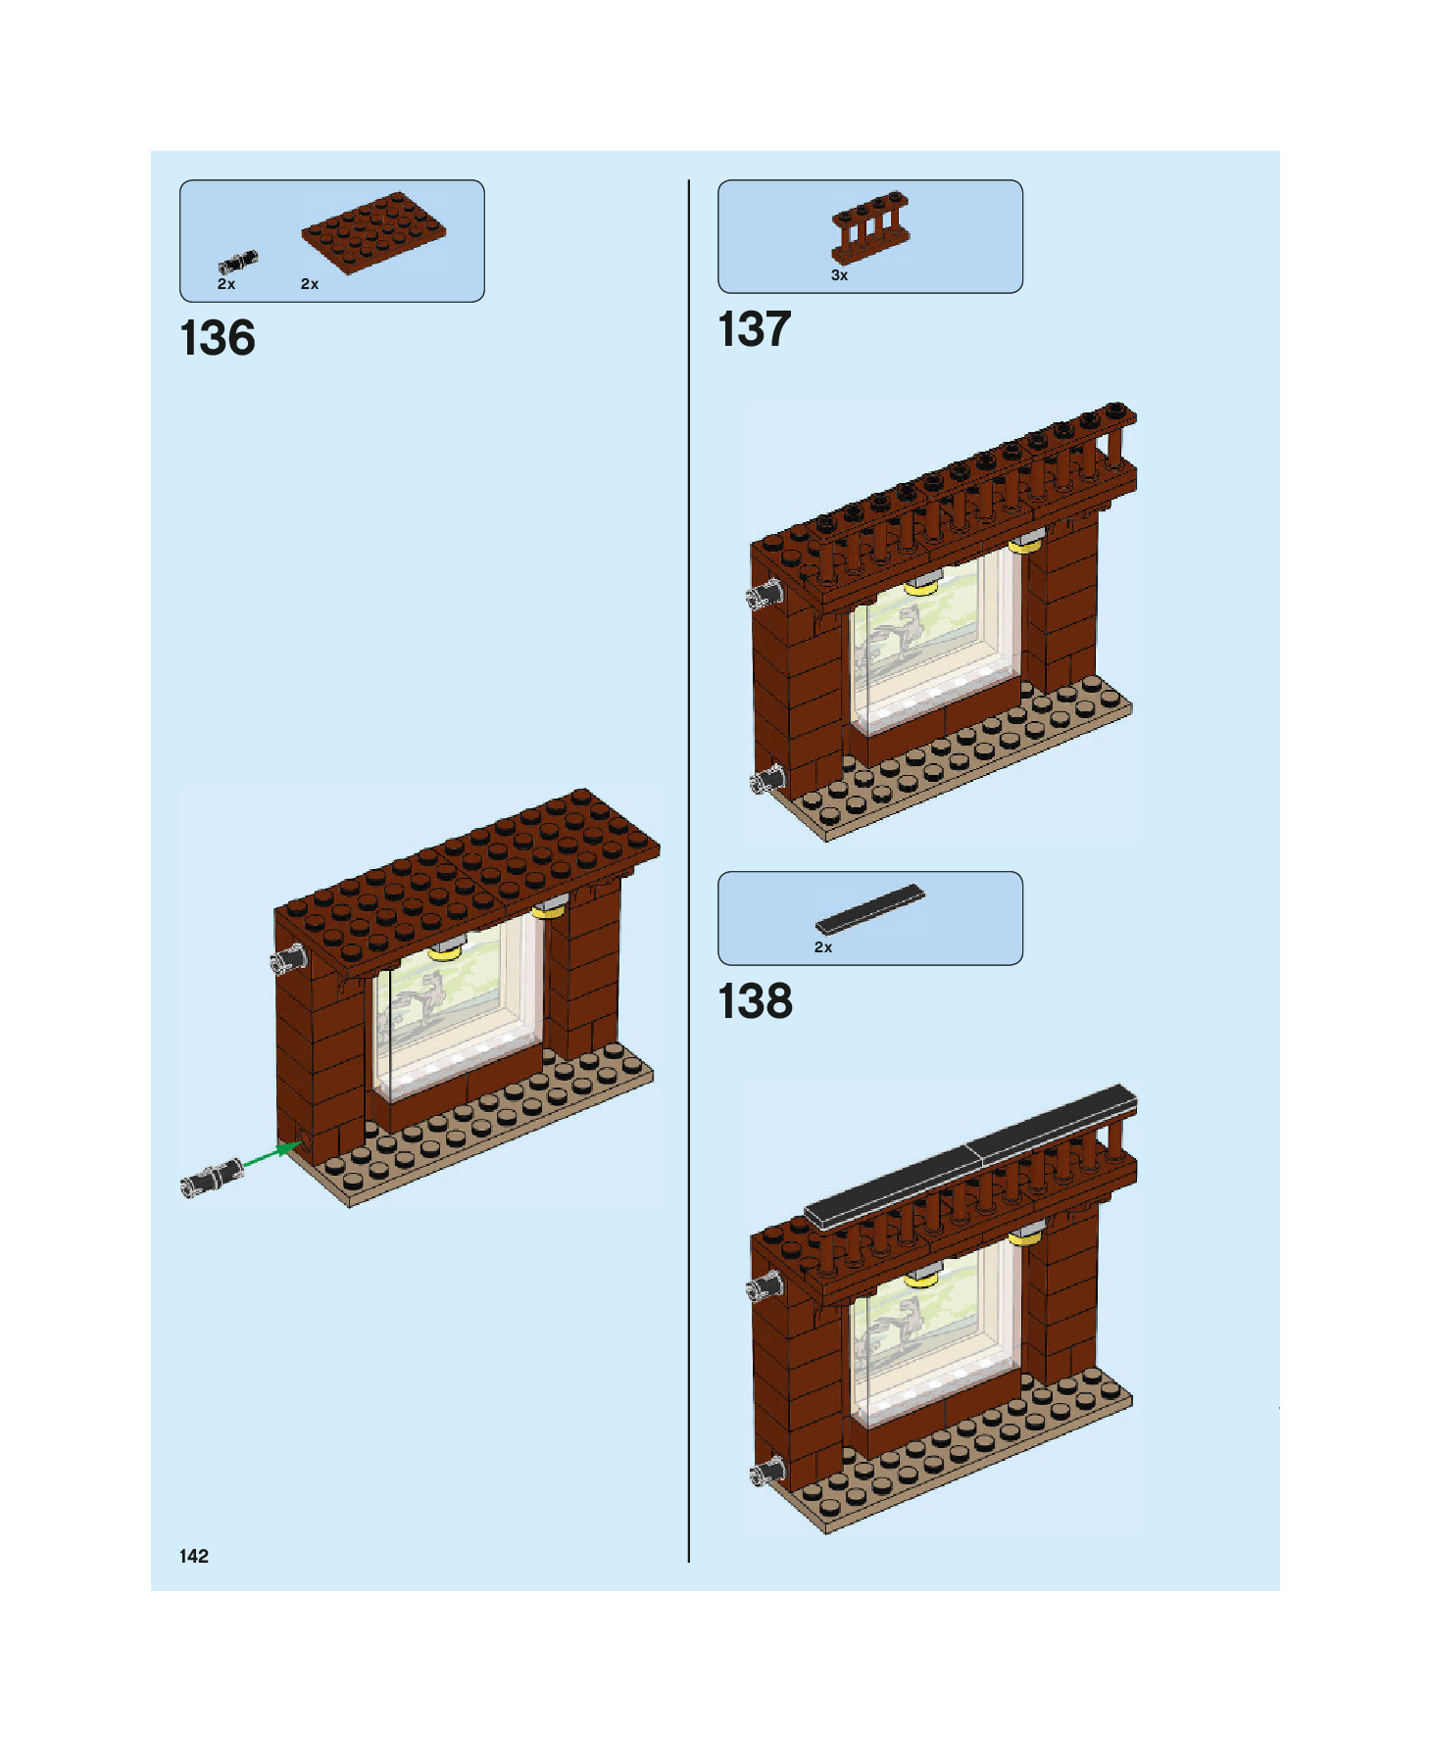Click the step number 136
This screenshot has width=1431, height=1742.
(x=218, y=339)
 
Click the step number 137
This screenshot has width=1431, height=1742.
(x=754, y=330)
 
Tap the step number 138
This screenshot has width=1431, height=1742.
(x=755, y=1002)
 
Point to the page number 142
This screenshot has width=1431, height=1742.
(x=194, y=1556)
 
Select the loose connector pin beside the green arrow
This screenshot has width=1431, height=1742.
(x=213, y=1178)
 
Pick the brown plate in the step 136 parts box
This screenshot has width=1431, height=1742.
(x=373, y=232)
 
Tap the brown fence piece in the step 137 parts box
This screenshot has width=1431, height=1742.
(x=869, y=228)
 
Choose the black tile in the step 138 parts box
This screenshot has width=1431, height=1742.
(x=869, y=910)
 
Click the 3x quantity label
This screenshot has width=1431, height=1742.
(x=839, y=276)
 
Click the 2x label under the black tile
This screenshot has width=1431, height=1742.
(x=823, y=947)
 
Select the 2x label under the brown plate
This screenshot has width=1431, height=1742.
(x=310, y=284)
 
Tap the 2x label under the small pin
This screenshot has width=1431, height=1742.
(x=226, y=284)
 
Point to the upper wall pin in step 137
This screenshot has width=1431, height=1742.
(x=765, y=595)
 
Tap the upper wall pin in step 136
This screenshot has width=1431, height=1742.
(x=289, y=959)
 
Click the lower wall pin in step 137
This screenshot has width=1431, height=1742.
(x=765, y=780)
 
